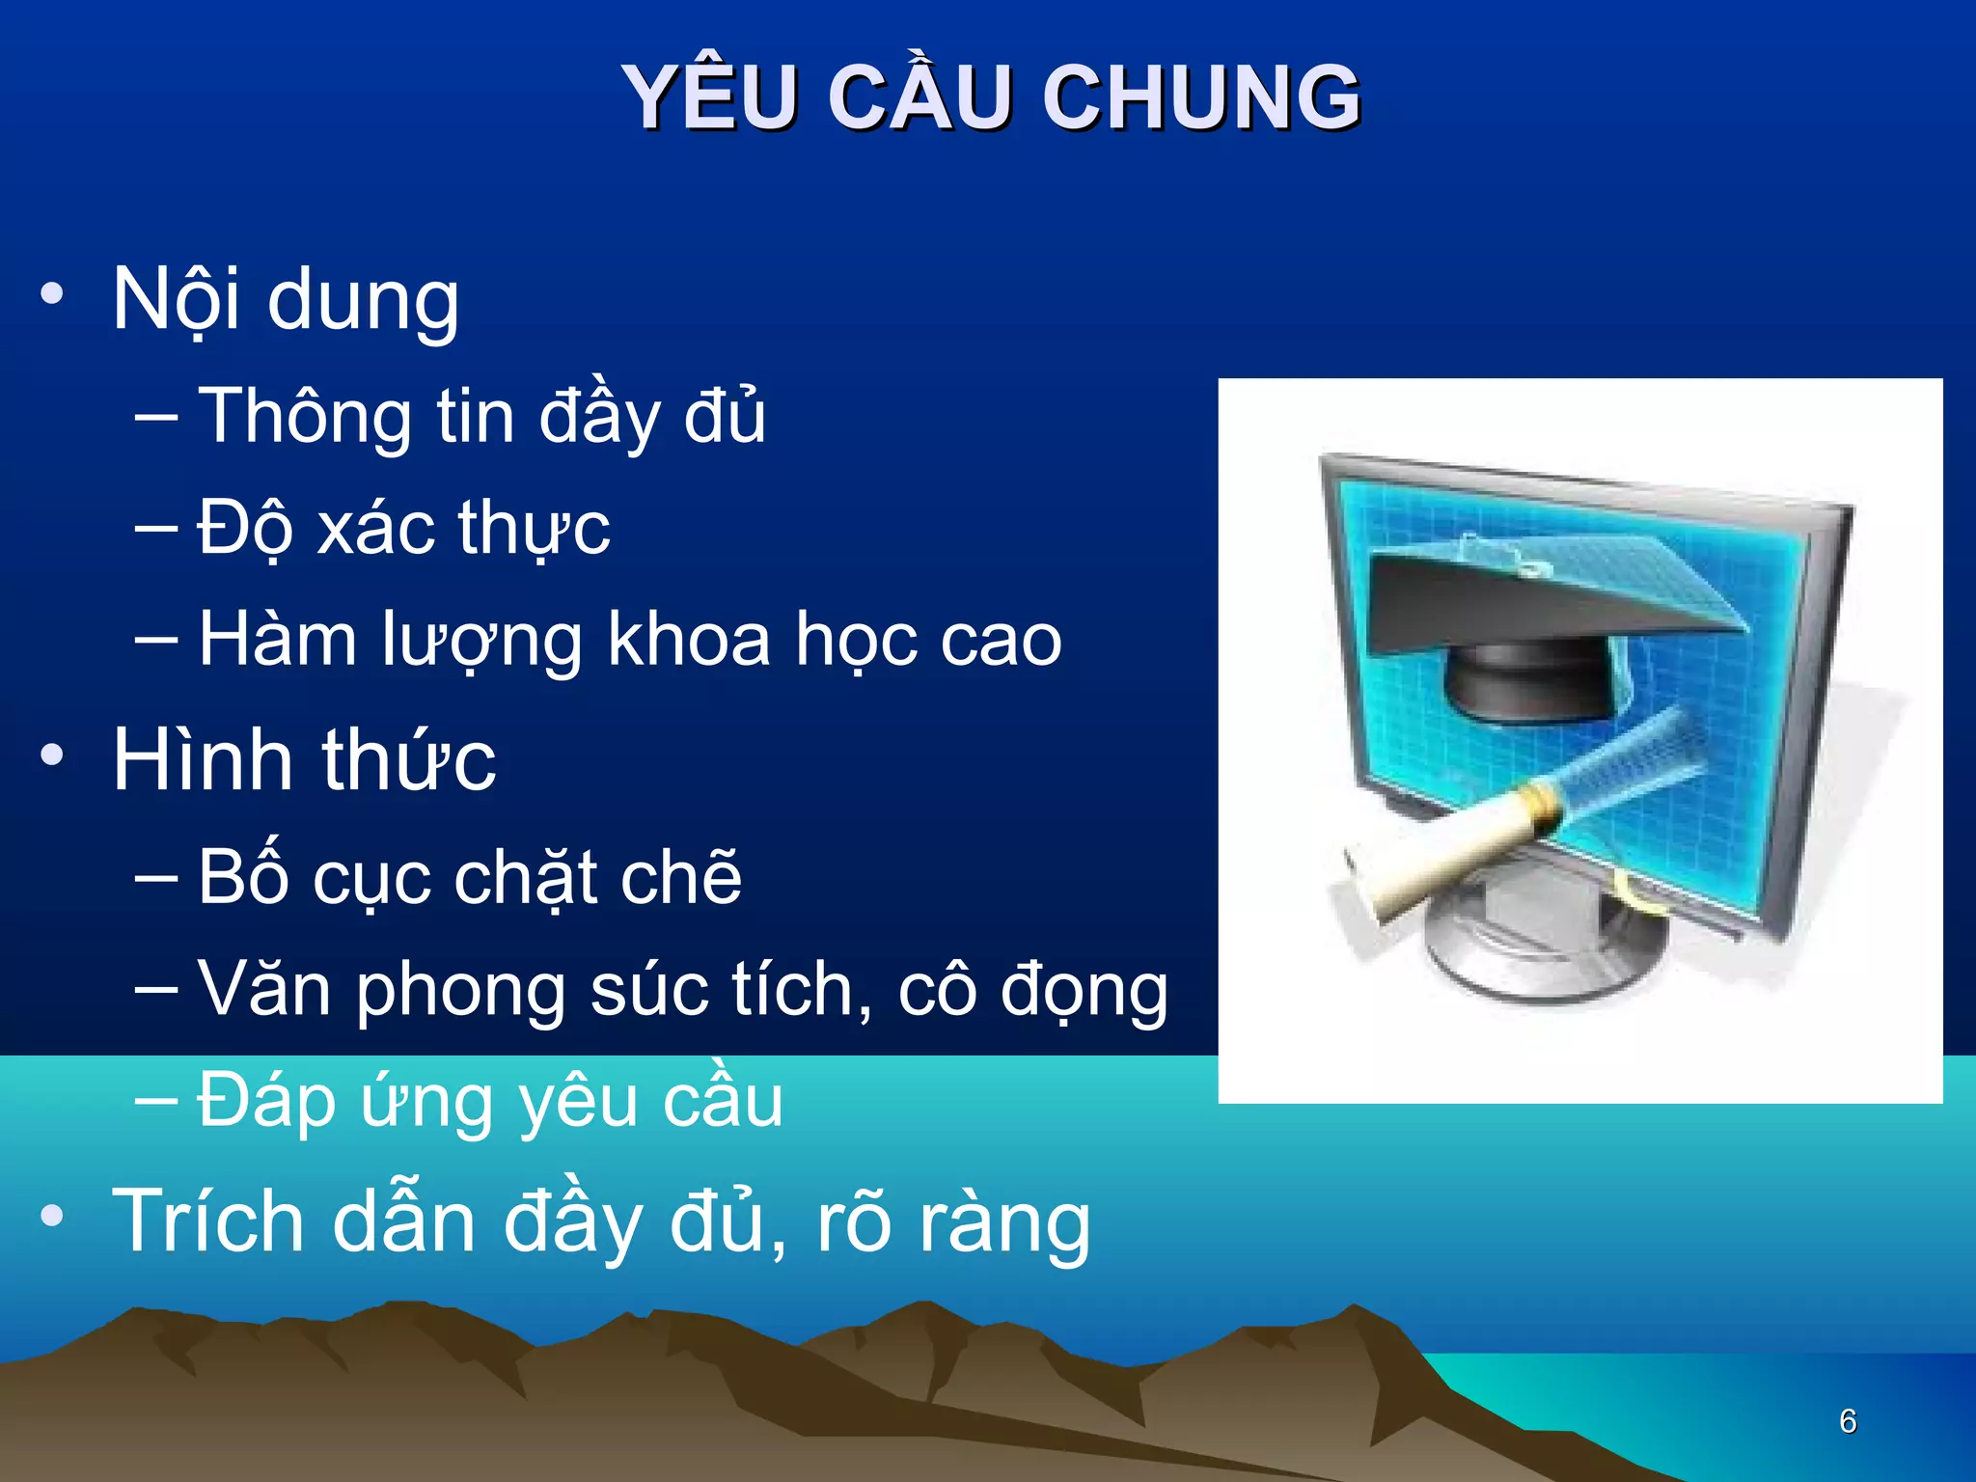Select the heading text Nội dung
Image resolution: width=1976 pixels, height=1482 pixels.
point(286,301)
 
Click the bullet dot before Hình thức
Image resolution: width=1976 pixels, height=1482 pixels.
point(52,755)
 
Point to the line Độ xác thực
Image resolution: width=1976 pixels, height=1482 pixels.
point(403,529)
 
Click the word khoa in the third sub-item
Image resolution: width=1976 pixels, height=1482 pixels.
point(689,640)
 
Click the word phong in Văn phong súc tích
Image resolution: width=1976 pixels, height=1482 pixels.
point(461,991)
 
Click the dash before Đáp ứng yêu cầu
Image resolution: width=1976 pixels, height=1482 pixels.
point(156,1100)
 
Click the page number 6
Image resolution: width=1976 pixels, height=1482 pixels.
point(1847,1421)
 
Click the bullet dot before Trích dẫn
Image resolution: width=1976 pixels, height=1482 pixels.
point(52,1217)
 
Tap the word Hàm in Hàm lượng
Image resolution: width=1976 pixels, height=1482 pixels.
point(277,640)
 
